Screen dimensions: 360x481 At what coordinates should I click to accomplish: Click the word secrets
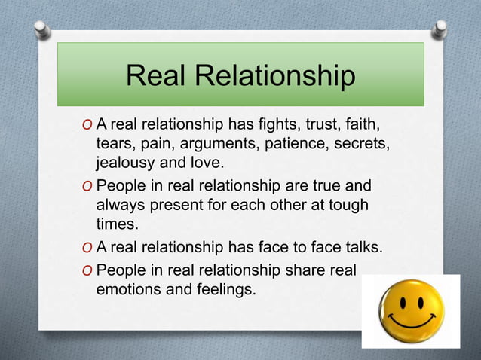click(360, 143)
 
